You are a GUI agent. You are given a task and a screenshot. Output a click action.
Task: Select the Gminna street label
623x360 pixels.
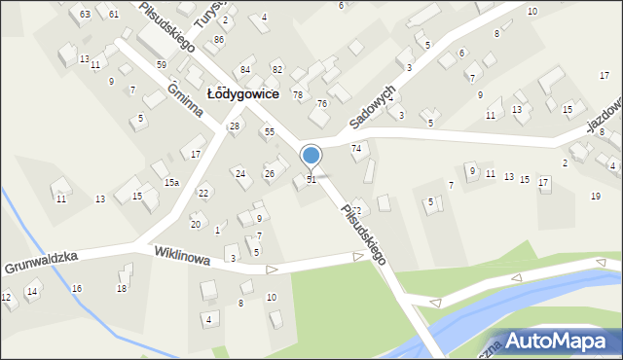[185, 98]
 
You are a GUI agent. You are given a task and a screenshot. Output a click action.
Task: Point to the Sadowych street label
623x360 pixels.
[374, 107]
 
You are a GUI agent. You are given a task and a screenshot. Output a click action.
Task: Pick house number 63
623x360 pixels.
[86, 14]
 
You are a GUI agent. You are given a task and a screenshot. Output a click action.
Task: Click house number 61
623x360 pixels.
[114, 14]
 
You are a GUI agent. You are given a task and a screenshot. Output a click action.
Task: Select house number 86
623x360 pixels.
[219, 39]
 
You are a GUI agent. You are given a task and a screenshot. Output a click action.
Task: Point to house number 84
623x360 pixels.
[245, 70]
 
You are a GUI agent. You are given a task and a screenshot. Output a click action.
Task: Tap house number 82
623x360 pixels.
[277, 70]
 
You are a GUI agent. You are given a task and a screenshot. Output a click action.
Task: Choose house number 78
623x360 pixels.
[298, 94]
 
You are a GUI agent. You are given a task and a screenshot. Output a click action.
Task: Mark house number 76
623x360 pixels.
[321, 104]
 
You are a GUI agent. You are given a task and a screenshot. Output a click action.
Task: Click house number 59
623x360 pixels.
[162, 64]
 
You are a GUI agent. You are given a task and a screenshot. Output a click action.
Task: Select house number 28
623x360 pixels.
[235, 126]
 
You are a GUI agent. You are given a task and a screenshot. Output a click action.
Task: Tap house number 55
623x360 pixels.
[269, 131]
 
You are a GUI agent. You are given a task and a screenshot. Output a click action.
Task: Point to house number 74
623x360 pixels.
[356, 148]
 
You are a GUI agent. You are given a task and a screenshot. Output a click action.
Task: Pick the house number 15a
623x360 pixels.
[171, 183]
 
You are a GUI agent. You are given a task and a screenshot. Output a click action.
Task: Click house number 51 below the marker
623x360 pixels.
[311, 179]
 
